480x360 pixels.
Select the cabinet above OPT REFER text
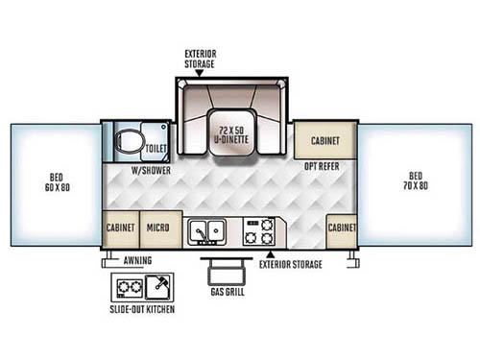(x=324, y=140)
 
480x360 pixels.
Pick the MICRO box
(x=157, y=228)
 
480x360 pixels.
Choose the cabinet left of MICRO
(x=121, y=228)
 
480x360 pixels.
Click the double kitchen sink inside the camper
(x=206, y=231)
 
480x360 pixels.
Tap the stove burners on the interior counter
(x=260, y=231)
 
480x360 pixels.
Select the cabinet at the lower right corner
(x=342, y=228)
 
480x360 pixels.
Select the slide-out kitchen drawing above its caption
(x=144, y=286)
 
